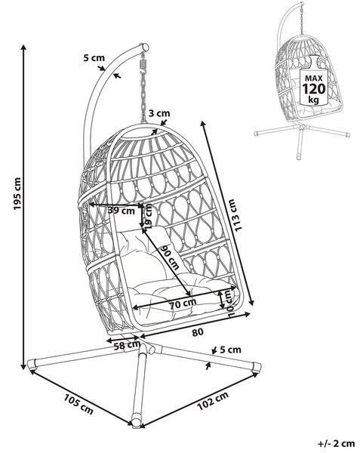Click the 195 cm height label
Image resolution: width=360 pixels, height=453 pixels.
tap(17, 193)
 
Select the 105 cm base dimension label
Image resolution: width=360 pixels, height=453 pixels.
tap(78, 404)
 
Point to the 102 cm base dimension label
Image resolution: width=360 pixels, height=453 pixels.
tap(213, 401)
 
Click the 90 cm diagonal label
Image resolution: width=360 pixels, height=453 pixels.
tap(170, 257)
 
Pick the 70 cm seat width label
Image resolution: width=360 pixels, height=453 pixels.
tap(183, 304)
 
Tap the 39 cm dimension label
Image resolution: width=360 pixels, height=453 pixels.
tap(122, 211)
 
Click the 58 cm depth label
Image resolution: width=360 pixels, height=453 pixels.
tap(127, 346)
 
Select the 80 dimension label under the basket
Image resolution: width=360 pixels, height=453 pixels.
tap(198, 332)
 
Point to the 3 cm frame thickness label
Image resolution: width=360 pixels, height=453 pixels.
tap(159, 113)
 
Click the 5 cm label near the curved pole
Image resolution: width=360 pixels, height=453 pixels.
tap(94, 58)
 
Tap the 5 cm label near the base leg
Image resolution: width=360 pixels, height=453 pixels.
tap(230, 350)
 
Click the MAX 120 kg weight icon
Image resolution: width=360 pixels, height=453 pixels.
tap(314, 81)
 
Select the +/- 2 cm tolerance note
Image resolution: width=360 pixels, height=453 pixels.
tap(336, 443)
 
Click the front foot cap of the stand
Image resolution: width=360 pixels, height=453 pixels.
tap(137, 421)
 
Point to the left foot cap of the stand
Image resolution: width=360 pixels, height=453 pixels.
tap(32, 365)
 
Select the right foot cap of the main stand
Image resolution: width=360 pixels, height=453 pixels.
tap(257, 367)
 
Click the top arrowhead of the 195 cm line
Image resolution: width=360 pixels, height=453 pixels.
tap(23, 48)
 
